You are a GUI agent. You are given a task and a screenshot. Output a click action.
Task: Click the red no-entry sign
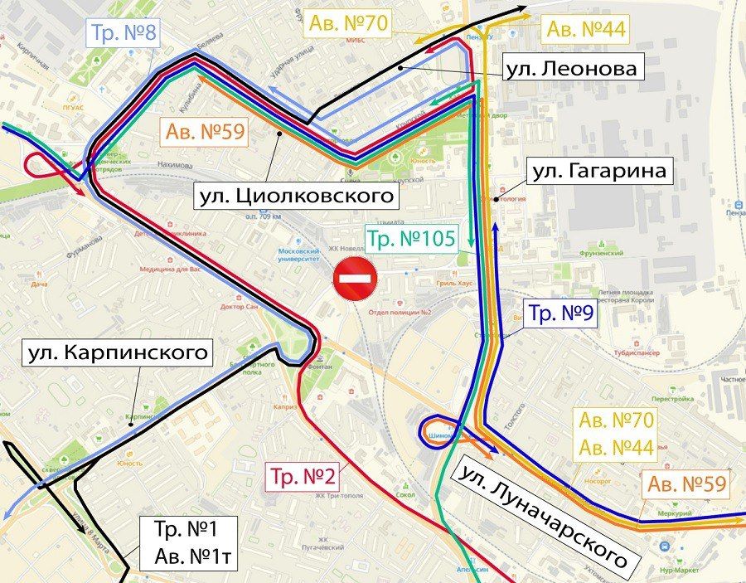tap(356, 279)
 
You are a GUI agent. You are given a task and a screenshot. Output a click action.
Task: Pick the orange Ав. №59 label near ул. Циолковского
tap(205, 132)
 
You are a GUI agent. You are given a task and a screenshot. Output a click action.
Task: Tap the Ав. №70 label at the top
tap(348, 22)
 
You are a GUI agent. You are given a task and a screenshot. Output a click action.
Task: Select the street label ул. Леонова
tap(572, 68)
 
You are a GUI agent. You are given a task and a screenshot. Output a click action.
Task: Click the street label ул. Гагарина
tap(598, 172)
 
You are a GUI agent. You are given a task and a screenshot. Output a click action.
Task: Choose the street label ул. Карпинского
tap(116, 353)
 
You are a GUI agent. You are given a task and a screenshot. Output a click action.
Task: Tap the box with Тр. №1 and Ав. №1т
tap(196, 543)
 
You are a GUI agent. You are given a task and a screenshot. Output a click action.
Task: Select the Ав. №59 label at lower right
tap(686, 483)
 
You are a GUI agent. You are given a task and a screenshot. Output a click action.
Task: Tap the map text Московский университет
tap(299, 255)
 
